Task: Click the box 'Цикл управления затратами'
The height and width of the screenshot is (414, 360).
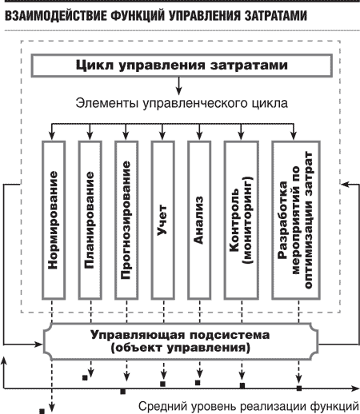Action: tap(182, 66)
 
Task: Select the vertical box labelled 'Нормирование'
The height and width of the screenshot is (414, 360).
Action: tap(54, 220)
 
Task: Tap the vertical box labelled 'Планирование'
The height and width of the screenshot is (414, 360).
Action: tap(90, 220)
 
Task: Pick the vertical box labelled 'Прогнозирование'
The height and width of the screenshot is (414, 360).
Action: tap(126, 220)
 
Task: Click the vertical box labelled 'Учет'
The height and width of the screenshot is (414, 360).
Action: tap(163, 220)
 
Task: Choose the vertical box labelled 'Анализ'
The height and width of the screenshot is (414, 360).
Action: tap(199, 220)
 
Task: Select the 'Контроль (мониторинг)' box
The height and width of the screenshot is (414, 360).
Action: tap(242, 220)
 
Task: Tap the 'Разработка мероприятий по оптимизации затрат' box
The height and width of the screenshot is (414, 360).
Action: tap(296, 220)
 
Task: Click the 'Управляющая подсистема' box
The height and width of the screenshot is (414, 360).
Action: tap(181, 341)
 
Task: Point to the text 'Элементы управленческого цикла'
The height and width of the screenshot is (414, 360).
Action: tap(182, 103)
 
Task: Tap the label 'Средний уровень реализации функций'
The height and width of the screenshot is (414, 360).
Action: tap(249, 407)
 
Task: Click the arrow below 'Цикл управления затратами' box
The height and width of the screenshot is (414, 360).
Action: tap(179, 86)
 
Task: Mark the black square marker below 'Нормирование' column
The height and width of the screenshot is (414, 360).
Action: tap(42, 411)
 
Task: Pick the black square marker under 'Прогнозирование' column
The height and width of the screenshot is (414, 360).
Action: tap(123, 392)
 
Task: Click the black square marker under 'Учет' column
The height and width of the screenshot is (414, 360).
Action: tap(162, 384)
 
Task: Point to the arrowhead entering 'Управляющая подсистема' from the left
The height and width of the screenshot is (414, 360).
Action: tap(39, 344)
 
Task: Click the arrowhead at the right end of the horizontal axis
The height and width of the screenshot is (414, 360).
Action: tap(356, 388)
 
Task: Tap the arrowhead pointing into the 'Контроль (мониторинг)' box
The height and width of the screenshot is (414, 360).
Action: tap(241, 137)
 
